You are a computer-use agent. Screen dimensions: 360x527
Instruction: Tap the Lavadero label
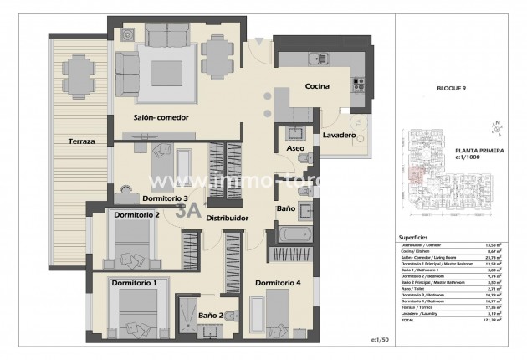[x=338, y=134]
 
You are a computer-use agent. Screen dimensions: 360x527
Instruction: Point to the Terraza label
[x=76, y=141]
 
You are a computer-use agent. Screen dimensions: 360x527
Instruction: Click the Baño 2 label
[x=210, y=314]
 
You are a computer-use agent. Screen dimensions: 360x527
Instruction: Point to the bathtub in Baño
[x=295, y=234]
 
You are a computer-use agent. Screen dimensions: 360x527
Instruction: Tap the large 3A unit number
[x=189, y=212]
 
